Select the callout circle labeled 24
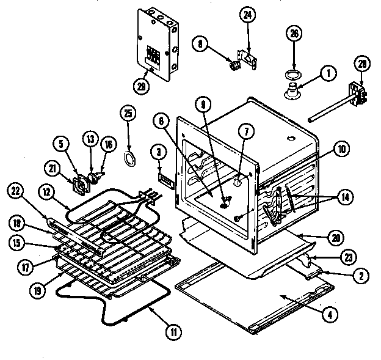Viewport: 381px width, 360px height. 247,17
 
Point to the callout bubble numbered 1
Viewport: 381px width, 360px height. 328,73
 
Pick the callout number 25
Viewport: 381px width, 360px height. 128,114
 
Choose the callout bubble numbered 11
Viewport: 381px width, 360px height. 174,332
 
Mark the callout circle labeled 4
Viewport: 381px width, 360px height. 329,316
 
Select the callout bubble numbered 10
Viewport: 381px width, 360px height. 341,147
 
